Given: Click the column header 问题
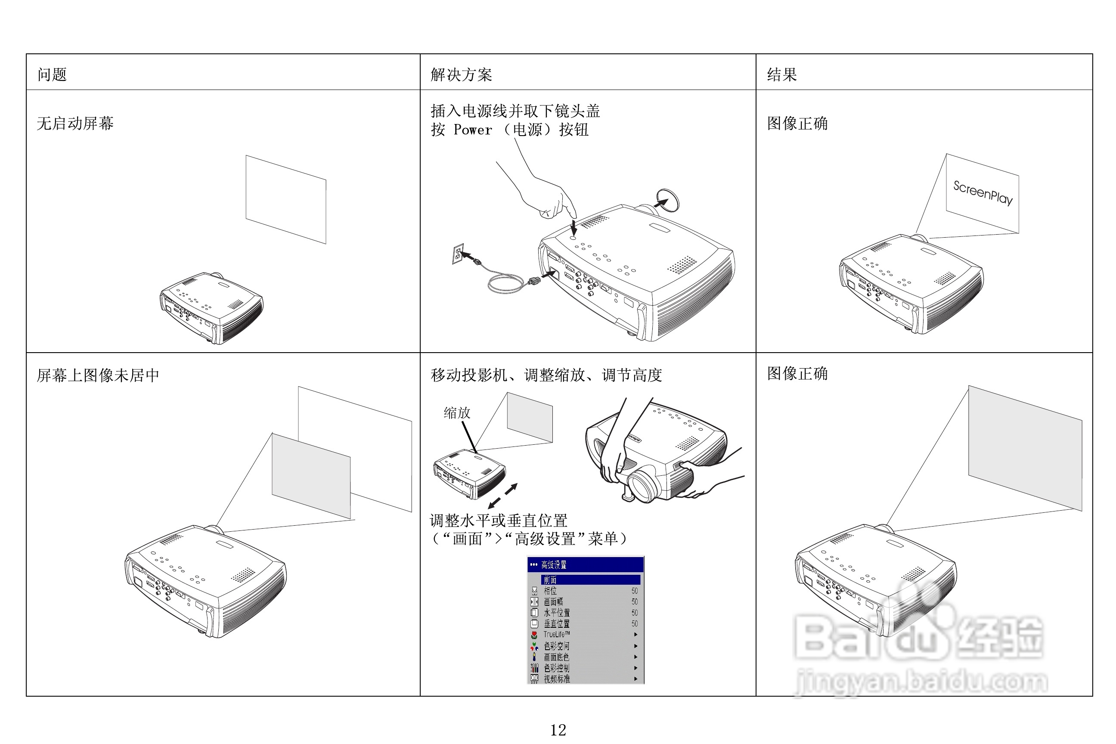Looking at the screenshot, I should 52,74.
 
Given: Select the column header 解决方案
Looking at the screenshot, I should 461,74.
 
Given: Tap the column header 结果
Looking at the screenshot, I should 781,74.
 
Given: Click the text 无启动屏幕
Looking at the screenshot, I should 75,124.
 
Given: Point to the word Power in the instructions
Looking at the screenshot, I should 473,130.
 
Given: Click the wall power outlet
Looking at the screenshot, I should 458,254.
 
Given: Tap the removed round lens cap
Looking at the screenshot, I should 668,199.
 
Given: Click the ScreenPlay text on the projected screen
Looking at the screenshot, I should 983,192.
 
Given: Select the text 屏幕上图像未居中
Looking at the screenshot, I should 98,375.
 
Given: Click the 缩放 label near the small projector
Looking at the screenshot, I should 456,412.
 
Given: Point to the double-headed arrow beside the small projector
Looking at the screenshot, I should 503,496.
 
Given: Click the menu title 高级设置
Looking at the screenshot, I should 553,564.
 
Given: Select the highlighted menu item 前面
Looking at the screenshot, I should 550,580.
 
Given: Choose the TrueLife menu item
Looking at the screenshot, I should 556,634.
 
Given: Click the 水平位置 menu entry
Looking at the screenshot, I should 557,613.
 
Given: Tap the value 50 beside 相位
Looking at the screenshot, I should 634,591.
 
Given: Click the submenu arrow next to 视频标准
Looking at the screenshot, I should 636,679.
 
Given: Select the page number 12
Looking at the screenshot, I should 558,730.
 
